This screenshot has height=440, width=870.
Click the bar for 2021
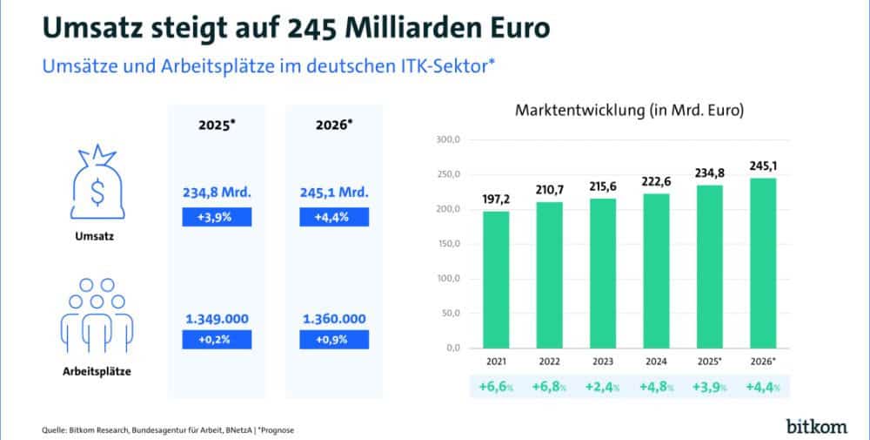(496, 279)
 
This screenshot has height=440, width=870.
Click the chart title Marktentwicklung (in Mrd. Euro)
(633, 112)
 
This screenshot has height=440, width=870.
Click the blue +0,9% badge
(335, 340)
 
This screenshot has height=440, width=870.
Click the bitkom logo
(815, 425)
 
